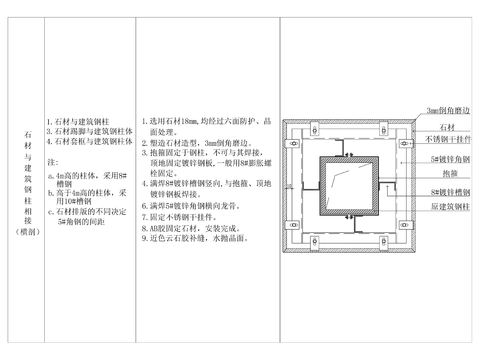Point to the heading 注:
click(54, 160)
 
